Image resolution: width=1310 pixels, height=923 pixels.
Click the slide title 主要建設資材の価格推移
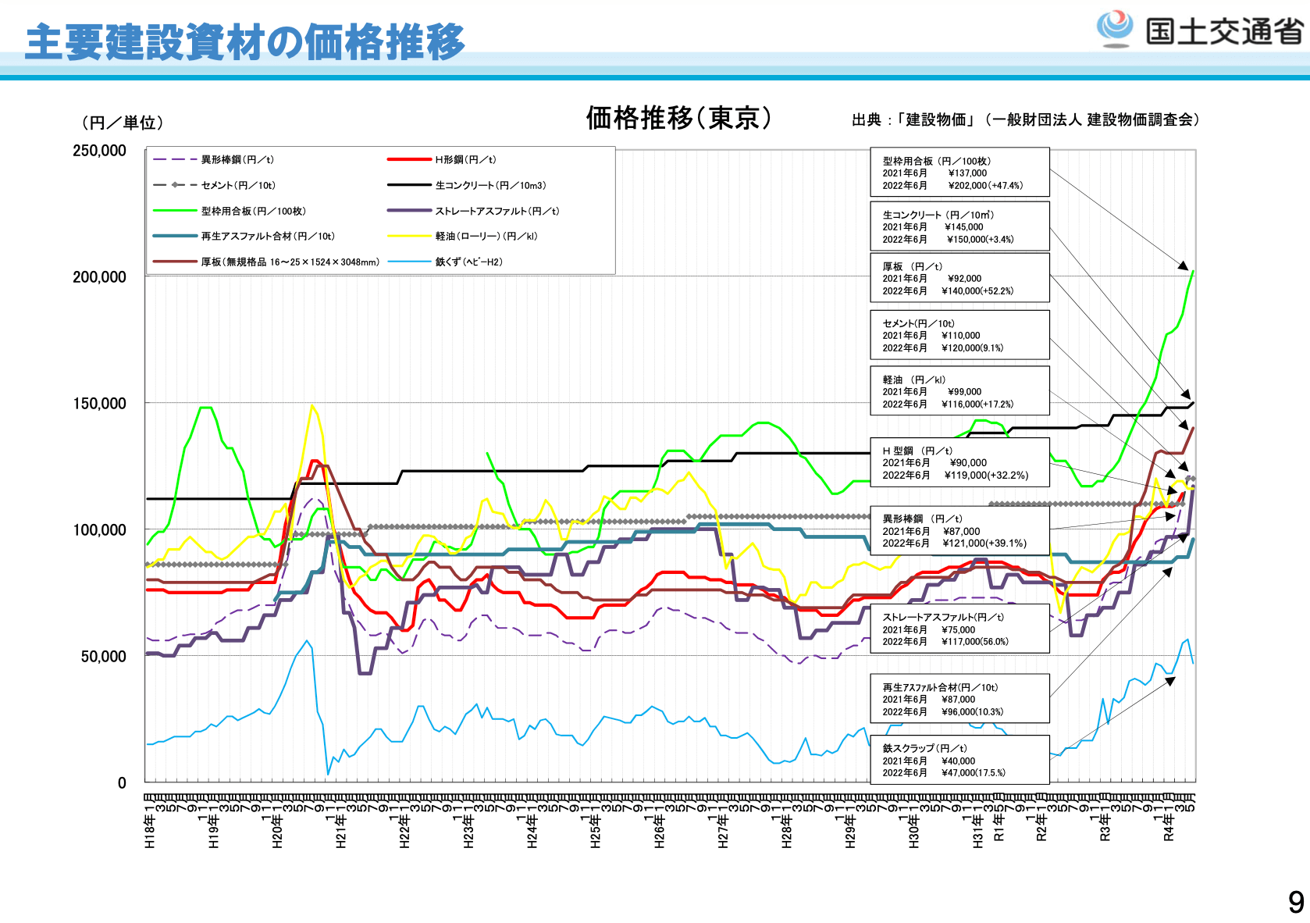245,42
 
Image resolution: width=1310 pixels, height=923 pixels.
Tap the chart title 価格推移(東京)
678,118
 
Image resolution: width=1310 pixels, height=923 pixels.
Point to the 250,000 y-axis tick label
99,151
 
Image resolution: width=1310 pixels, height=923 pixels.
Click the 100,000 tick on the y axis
99,530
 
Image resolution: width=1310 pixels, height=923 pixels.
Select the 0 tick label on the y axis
122,783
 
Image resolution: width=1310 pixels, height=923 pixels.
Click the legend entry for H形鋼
465,160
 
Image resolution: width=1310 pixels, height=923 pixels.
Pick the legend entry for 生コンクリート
490,186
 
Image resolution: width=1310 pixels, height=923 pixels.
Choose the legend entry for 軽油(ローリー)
486,237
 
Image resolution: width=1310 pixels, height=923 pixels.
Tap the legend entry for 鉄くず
468,262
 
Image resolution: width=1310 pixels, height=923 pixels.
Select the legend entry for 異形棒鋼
237,160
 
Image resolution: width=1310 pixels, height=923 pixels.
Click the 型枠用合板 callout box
959,173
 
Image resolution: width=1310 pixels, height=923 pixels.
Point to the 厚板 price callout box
959,278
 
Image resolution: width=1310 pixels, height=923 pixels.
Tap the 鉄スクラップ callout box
959,760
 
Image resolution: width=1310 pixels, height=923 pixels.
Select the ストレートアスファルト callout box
959,629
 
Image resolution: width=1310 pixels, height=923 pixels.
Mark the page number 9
1296,903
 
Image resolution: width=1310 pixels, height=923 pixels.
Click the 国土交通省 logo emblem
1114,30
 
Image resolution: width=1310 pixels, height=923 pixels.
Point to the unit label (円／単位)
123,123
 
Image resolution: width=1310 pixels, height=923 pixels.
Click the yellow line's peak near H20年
311,405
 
